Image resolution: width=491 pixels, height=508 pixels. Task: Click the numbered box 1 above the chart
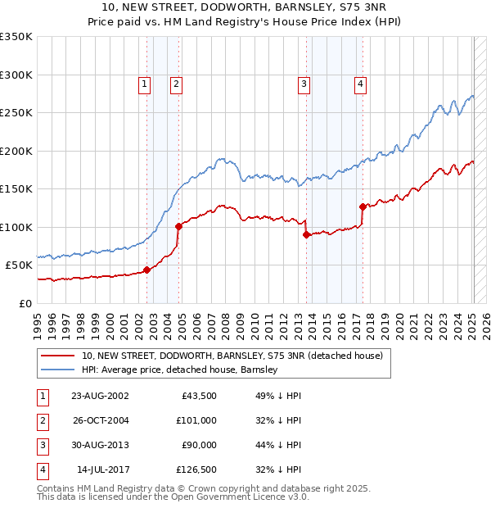click(144, 83)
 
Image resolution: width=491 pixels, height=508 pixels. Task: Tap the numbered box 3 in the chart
click(304, 83)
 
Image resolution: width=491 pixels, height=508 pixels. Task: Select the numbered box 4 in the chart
click(360, 83)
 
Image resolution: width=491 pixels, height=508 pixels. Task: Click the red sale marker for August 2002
click(147, 270)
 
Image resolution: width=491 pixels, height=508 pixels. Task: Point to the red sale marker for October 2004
click(178, 226)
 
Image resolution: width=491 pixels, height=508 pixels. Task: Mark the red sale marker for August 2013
click(307, 234)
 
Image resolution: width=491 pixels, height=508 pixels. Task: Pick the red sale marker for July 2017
click(363, 206)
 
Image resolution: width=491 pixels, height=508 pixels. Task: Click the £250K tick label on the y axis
click(16, 113)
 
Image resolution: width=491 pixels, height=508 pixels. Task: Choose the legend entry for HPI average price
click(180, 370)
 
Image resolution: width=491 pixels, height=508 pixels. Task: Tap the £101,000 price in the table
click(196, 420)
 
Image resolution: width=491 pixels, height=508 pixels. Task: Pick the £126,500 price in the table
click(196, 469)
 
